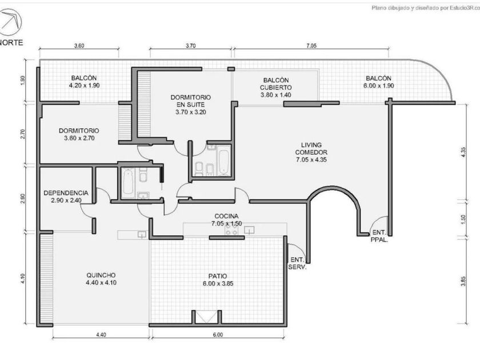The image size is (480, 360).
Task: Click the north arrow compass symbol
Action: pos(11,22)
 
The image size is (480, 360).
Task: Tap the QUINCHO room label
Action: pos(101,279)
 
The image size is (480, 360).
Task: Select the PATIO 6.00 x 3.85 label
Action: pos(218,280)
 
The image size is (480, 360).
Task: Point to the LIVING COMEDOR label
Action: pos(311,152)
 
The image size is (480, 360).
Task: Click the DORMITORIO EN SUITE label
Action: pos(191,105)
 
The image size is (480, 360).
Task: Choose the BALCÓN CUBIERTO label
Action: pos(276,87)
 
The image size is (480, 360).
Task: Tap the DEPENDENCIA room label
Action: pos(66,197)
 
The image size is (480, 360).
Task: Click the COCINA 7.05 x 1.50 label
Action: pos(226,220)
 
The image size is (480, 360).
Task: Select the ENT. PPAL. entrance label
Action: pos(379,236)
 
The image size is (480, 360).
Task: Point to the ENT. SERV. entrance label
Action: pos(297,263)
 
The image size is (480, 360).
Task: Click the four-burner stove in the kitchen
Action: pos(231,229)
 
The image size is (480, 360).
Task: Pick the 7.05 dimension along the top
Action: pos(311,46)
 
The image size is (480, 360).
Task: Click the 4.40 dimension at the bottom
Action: pos(101,335)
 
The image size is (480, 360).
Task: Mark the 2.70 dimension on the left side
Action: pos(23,134)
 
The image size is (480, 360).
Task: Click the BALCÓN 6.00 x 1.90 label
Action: pos(379,82)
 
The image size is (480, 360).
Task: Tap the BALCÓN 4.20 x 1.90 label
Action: pos(84,82)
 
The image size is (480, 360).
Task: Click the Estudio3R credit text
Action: pos(426,8)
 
